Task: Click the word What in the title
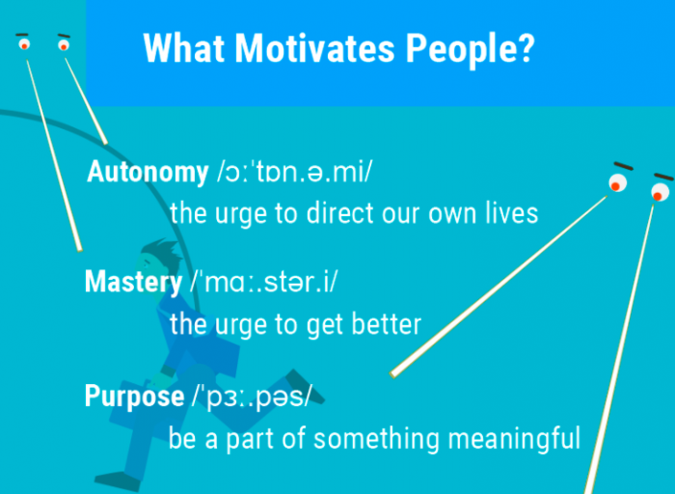point(184,47)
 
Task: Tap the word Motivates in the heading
point(314,47)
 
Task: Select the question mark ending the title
point(524,47)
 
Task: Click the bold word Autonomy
point(148,173)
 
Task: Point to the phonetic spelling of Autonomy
point(294,173)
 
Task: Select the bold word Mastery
point(133,283)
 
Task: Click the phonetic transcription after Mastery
point(264,282)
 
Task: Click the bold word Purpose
point(135,397)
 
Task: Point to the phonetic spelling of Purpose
point(251,397)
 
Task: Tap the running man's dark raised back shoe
point(305,386)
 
